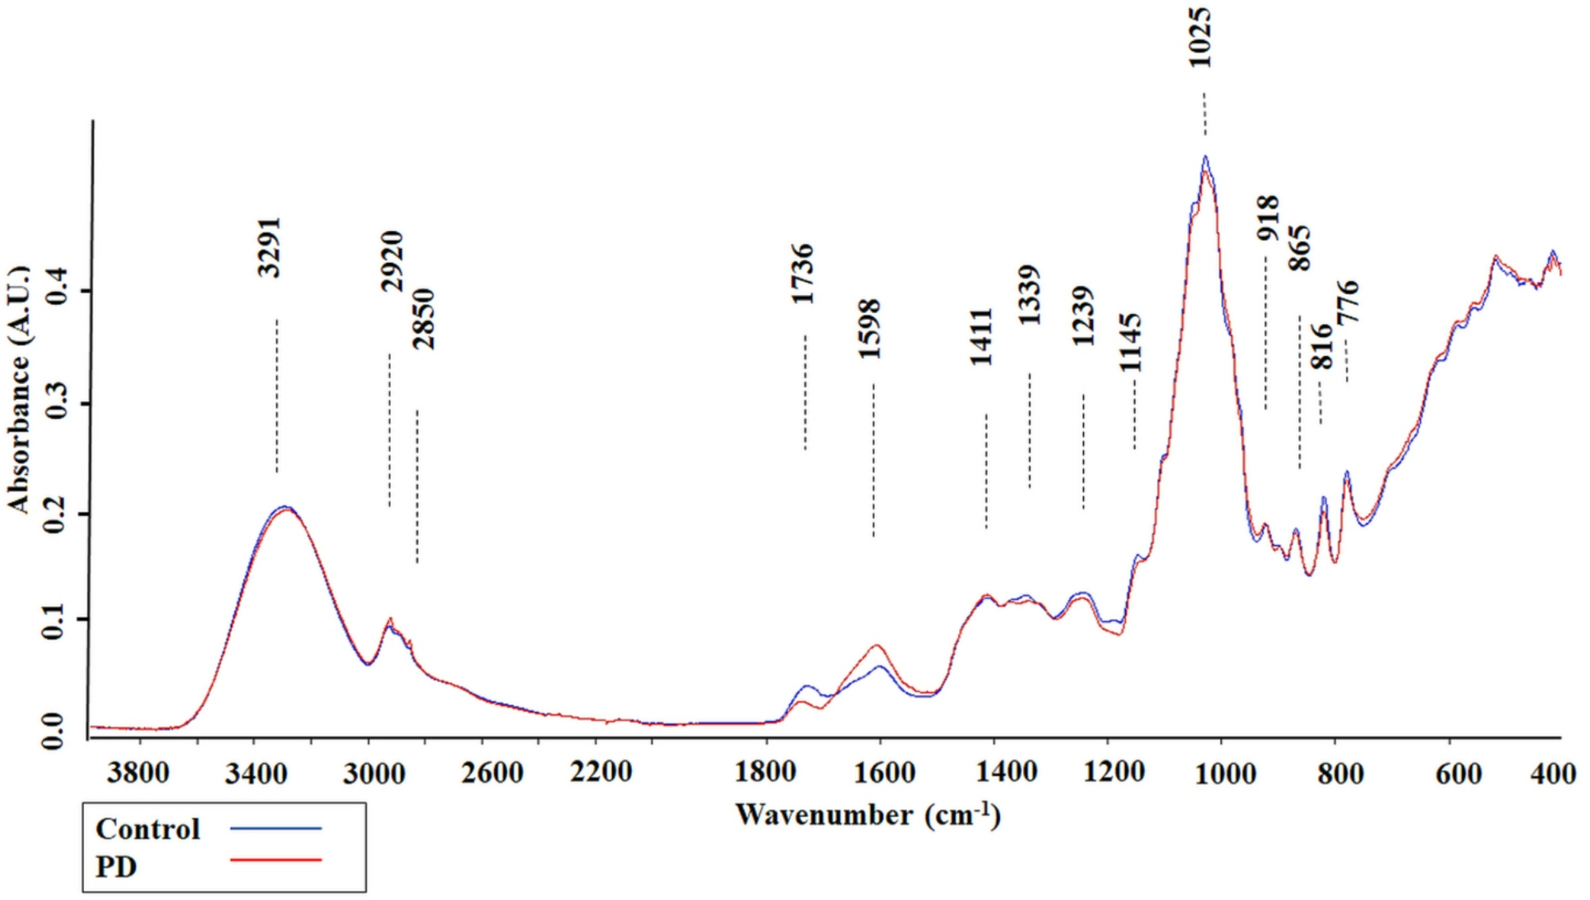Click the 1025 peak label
pyautogui.click(x=1200, y=37)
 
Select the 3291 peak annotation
pyautogui.click(x=269, y=247)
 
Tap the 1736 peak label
pyautogui.click(x=803, y=274)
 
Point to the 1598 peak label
pyautogui.click(x=869, y=329)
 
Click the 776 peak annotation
pyautogui.click(x=1348, y=302)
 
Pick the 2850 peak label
pyautogui.click(x=424, y=319)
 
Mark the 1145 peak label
pyautogui.click(x=1131, y=343)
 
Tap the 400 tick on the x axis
pyautogui.click(x=1552, y=772)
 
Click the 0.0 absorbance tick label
pyautogui.click(x=54, y=730)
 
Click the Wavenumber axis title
pyautogui.click(x=868, y=814)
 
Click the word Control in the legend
pyautogui.click(x=147, y=829)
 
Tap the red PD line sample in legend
pyautogui.click(x=276, y=860)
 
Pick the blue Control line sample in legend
pyautogui.click(x=276, y=829)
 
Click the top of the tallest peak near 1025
pyautogui.click(x=1204, y=158)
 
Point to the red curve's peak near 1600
pyautogui.click(x=877, y=646)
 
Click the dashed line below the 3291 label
pyautogui.click(x=276, y=396)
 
